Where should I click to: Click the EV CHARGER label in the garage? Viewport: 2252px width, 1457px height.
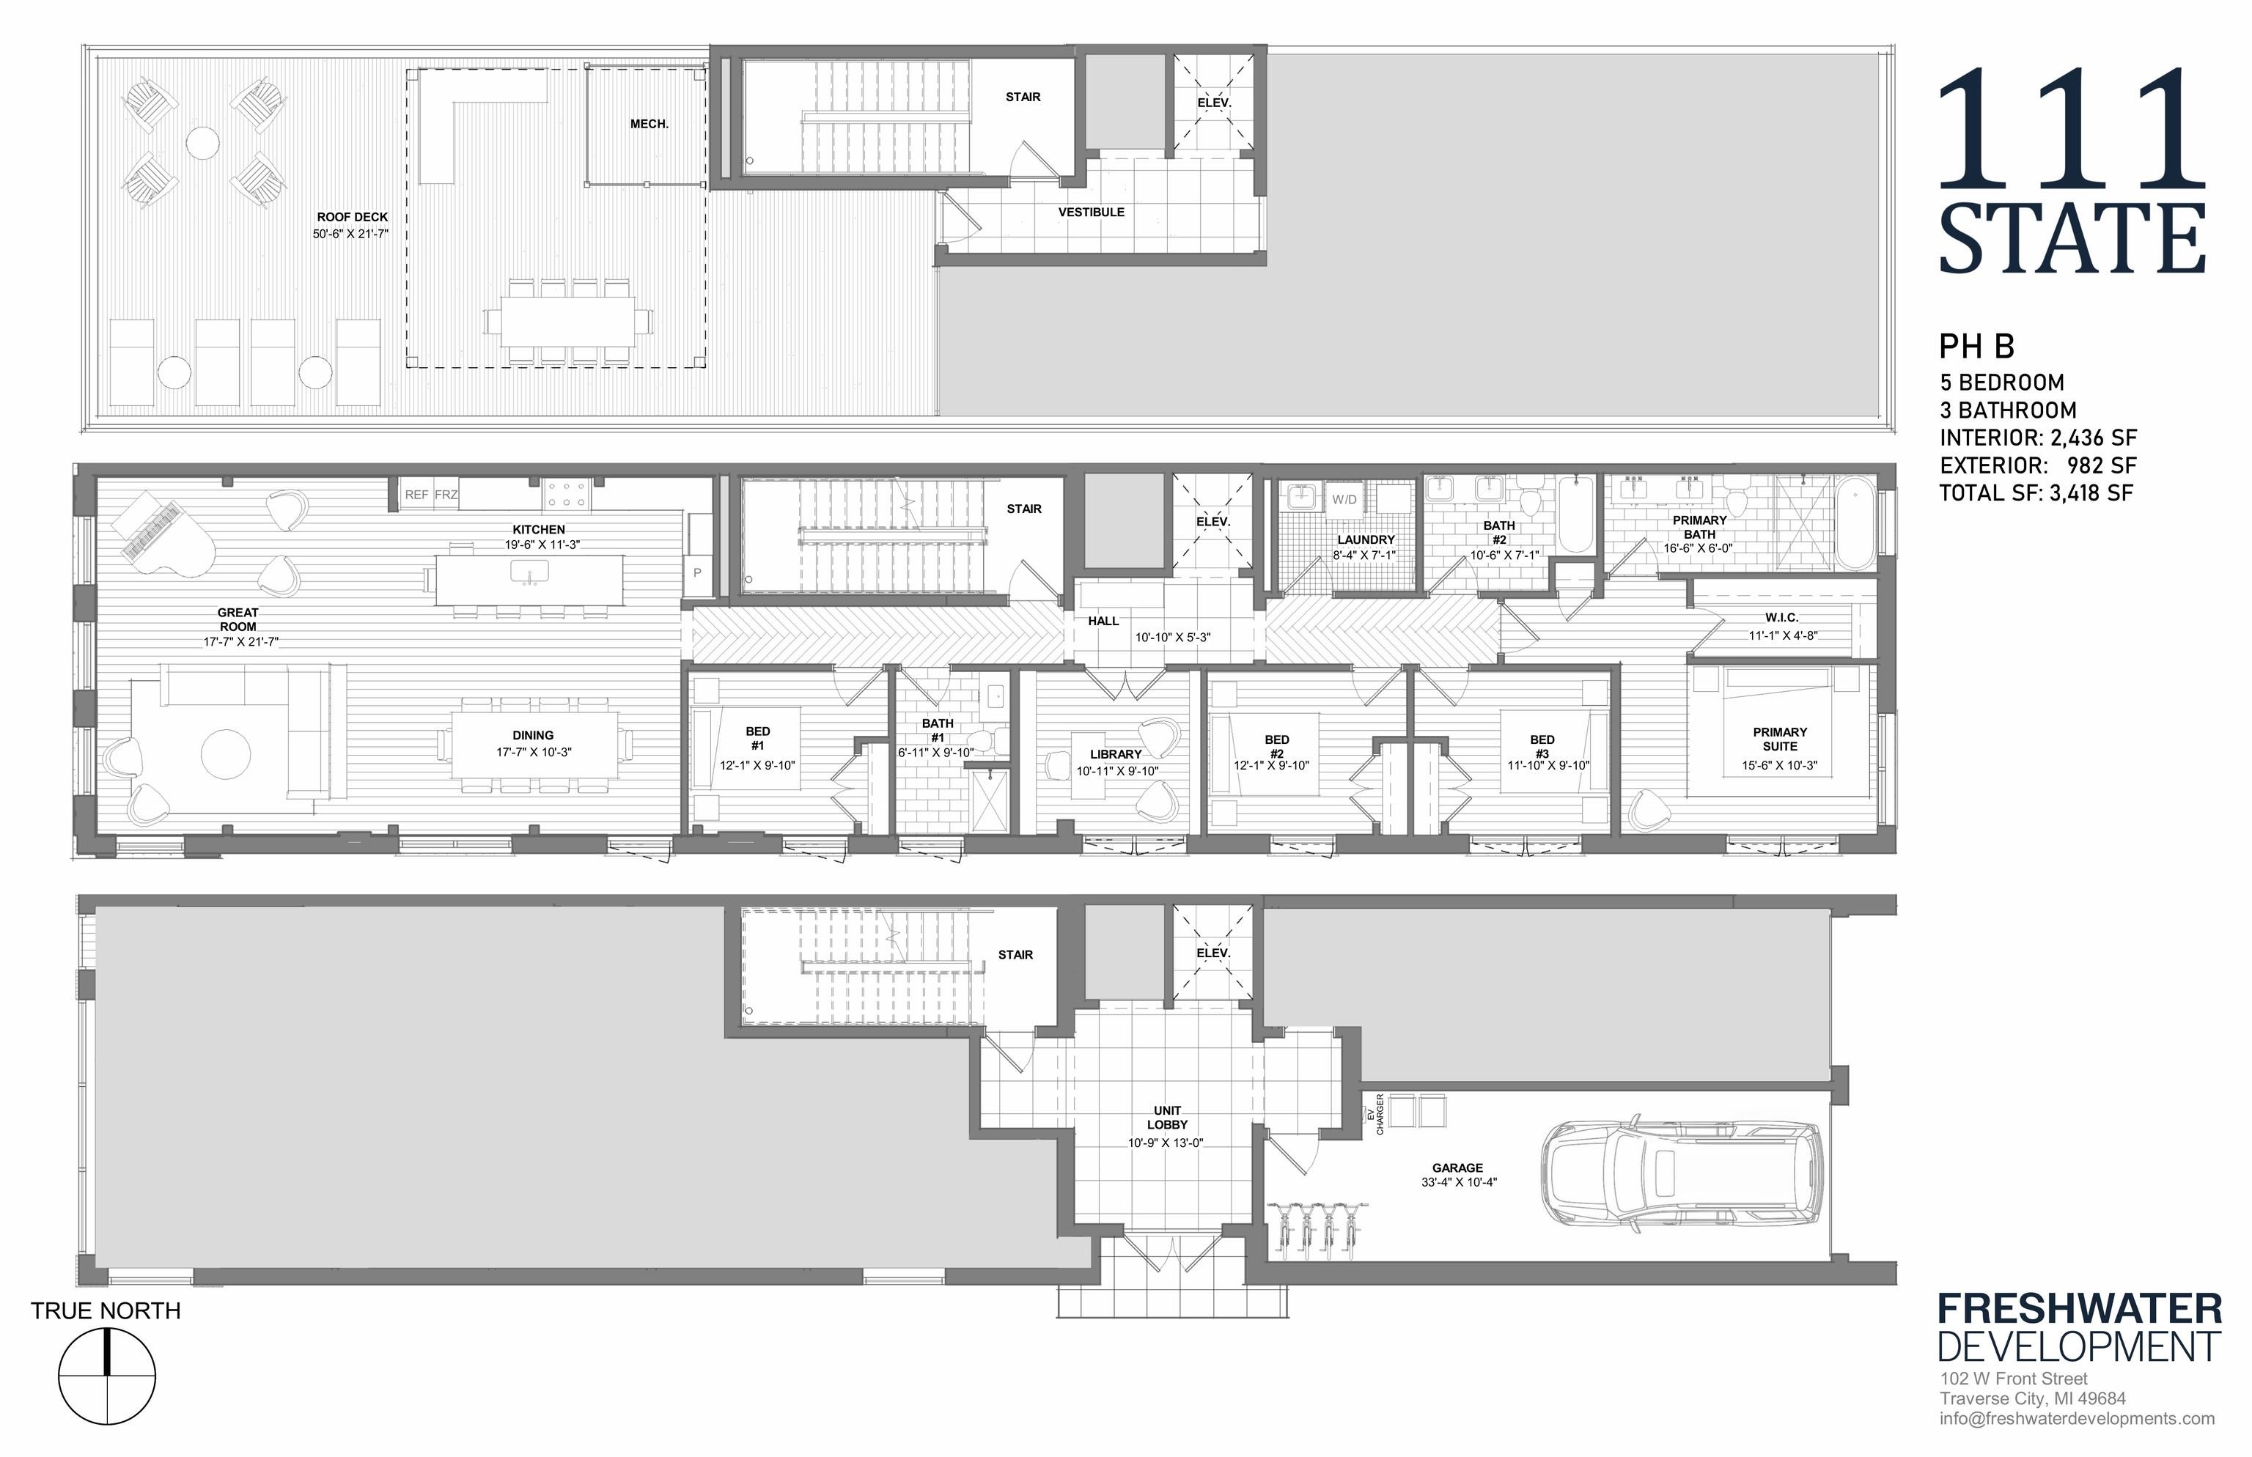point(1375,1115)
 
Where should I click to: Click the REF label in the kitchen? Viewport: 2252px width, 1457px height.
point(416,495)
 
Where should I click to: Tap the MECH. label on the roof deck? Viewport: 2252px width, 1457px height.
point(649,124)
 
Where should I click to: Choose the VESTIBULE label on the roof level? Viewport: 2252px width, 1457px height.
point(1091,212)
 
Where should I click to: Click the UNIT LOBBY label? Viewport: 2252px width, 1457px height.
point(1167,1118)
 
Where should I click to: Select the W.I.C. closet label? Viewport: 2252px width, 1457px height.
point(1781,618)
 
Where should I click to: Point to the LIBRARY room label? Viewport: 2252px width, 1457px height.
point(1116,754)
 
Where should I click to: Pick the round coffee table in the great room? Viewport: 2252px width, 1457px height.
point(226,755)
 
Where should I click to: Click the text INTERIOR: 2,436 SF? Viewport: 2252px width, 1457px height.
point(2038,438)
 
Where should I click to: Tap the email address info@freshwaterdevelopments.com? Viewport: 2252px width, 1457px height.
point(2077,1418)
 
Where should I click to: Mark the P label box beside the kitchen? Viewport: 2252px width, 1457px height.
point(697,573)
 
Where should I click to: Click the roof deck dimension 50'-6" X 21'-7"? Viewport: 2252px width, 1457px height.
point(351,233)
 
